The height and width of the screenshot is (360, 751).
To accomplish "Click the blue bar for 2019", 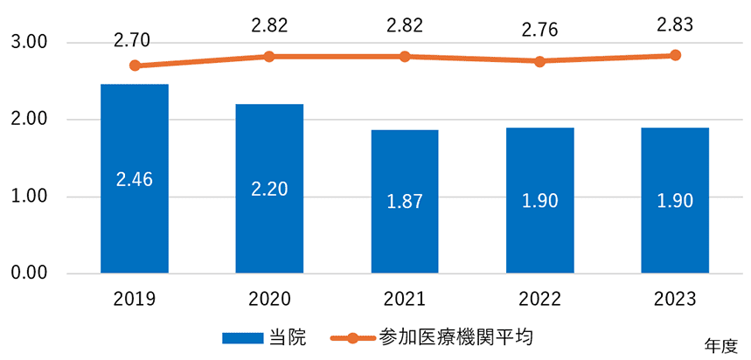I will coord(135,178).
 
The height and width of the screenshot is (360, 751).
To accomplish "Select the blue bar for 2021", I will coord(405,201).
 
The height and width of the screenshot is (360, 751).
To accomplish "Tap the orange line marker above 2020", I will coord(269,56).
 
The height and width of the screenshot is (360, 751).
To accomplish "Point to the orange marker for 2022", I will coord(539,61).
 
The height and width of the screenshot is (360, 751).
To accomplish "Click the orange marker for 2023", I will coord(675,55).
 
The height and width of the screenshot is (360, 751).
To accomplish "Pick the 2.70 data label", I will coord(135,38).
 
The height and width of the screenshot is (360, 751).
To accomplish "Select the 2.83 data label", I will coord(675,25).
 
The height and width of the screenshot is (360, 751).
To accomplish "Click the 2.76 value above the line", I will coord(539,32).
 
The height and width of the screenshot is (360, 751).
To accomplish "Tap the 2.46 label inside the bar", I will coord(135,179).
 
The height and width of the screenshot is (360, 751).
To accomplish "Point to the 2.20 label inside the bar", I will coord(269,190).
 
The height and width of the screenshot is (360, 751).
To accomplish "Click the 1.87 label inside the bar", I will coord(405,202).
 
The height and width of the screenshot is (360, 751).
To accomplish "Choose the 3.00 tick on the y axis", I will coord(30,43).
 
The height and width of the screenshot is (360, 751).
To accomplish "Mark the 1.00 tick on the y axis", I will coord(30,197).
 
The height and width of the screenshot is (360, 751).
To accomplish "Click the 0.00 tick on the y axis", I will coord(30,273).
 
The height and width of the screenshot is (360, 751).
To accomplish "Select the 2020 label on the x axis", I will coord(269,299).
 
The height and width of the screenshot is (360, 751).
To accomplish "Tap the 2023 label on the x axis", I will coord(675,299).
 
